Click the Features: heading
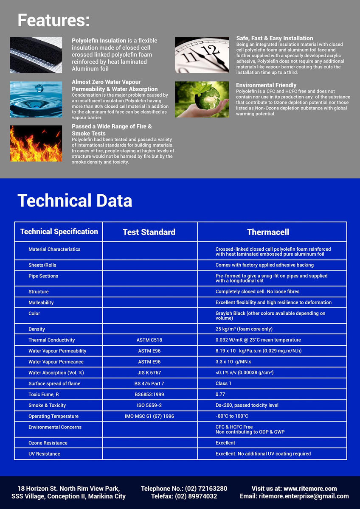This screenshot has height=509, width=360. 53,20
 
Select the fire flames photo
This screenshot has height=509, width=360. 36,143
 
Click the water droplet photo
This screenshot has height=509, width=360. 36,99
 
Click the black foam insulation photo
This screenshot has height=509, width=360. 36,55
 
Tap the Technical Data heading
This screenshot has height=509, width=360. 75,201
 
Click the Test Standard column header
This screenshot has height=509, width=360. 149,232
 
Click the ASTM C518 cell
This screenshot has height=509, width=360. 149,340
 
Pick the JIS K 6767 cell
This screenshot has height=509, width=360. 149,373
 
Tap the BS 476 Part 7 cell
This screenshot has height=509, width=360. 149,384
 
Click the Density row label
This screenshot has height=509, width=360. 37,329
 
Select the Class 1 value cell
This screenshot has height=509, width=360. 224,384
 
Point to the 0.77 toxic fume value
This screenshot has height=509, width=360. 220,394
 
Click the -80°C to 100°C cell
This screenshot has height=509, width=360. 232,417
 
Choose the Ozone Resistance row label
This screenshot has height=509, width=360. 48,443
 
